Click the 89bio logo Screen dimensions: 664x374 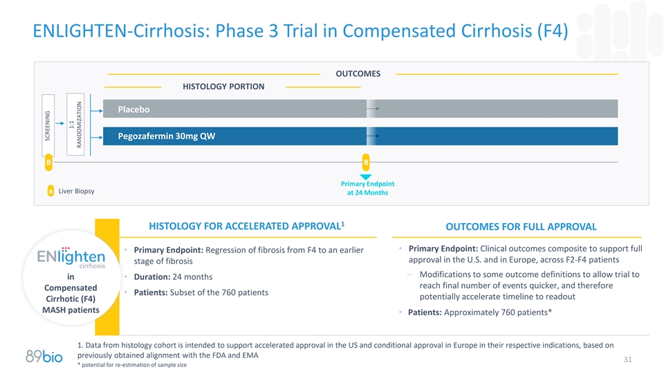click(44, 356)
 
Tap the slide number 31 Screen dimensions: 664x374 click(627, 359)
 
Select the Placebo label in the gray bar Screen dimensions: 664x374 click(133, 109)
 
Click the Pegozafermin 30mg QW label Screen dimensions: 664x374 click(167, 136)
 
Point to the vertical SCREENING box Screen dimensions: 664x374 click(48, 125)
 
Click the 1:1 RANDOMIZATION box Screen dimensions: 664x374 click(75, 124)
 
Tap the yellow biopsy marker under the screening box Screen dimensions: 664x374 click(48, 162)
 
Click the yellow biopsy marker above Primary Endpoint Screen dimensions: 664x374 click(366, 162)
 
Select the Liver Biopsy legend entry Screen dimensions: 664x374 click(71, 191)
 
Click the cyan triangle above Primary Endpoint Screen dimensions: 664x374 click(365, 177)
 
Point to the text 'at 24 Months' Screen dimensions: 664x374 click(367, 193)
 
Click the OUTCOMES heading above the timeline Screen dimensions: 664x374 click(358, 74)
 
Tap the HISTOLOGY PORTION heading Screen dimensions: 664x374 click(223, 87)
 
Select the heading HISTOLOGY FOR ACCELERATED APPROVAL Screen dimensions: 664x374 click(246, 226)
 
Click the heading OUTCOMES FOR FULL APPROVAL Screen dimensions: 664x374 click(521, 227)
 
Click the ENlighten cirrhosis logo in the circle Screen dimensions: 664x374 click(71, 258)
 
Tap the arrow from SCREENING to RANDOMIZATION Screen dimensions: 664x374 click(59, 123)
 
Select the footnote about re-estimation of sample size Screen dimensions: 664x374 click(132, 365)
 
